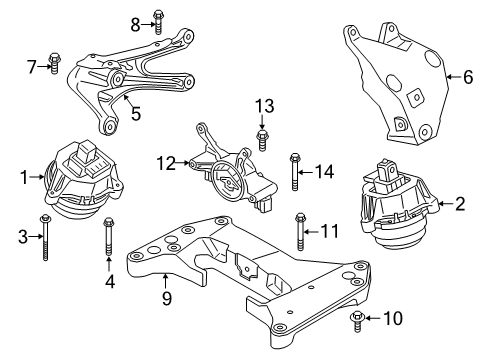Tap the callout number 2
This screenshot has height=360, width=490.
(x=460, y=205)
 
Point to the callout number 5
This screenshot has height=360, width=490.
(x=135, y=113)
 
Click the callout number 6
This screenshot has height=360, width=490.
(x=467, y=75)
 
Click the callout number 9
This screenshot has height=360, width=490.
(x=167, y=296)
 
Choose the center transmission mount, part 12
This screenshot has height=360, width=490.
(x=232, y=165)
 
